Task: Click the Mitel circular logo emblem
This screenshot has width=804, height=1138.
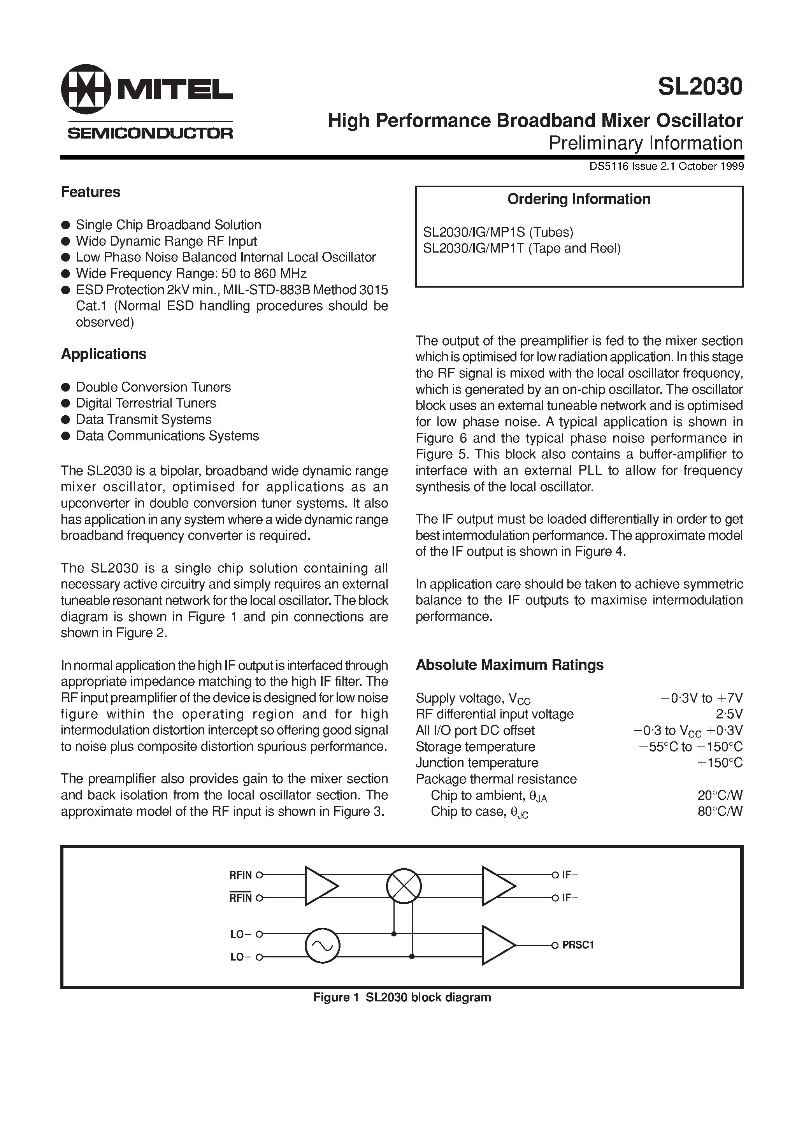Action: point(86,89)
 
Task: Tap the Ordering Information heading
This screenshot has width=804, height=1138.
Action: point(578,199)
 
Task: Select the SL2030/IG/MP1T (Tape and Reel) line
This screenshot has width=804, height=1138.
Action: point(521,248)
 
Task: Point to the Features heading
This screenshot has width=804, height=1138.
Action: point(90,192)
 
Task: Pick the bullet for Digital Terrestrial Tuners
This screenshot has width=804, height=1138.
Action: point(65,404)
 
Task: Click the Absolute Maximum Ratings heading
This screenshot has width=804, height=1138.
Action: point(509,665)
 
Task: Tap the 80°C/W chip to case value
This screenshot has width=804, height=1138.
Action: point(720,811)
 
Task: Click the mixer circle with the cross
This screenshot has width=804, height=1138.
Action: point(404,886)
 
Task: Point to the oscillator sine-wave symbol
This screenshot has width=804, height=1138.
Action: point(322,946)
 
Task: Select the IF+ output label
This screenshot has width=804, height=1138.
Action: point(570,875)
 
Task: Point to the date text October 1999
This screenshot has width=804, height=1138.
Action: point(711,167)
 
